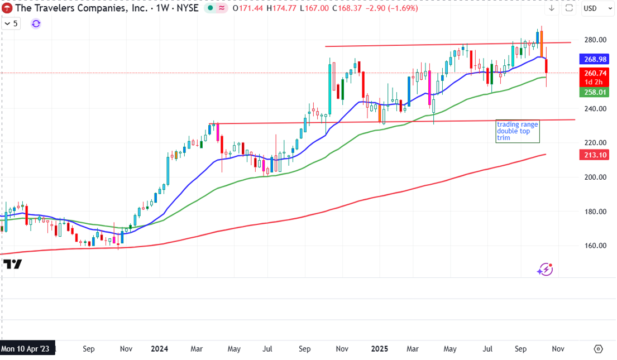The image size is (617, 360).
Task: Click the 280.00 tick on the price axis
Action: pos(595,40)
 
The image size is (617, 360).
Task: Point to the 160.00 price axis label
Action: pos(595,246)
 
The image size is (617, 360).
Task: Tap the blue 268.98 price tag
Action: pos(595,59)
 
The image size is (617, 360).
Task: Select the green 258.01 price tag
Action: pos(595,92)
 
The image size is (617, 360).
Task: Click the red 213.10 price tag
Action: pos(595,155)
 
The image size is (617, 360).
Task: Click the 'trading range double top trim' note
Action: pos(518,131)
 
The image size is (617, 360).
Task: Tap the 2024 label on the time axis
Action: pos(159,349)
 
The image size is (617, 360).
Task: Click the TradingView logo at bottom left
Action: pos(12,265)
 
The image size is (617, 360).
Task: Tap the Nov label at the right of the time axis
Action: pos(557,349)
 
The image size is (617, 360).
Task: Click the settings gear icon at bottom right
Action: pos(598,349)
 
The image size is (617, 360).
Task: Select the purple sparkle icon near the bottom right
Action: pos(544,270)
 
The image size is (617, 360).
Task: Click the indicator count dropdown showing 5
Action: pos(11,23)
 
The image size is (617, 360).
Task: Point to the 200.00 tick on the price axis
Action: pos(595,177)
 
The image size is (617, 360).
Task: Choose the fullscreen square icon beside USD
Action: pos(569,8)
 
